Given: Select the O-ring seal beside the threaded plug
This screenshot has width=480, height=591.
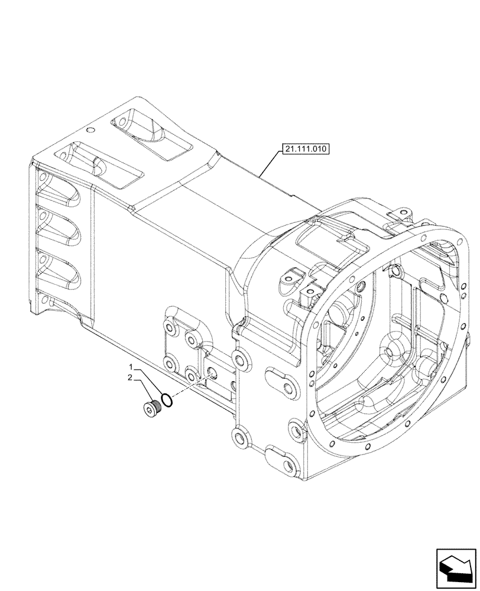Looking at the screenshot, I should point(167,401).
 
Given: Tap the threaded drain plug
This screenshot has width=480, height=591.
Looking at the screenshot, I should point(153,407).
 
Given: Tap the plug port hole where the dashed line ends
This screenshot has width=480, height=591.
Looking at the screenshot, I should point(212,375).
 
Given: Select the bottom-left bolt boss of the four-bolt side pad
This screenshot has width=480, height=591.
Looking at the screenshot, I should point(170,365).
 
